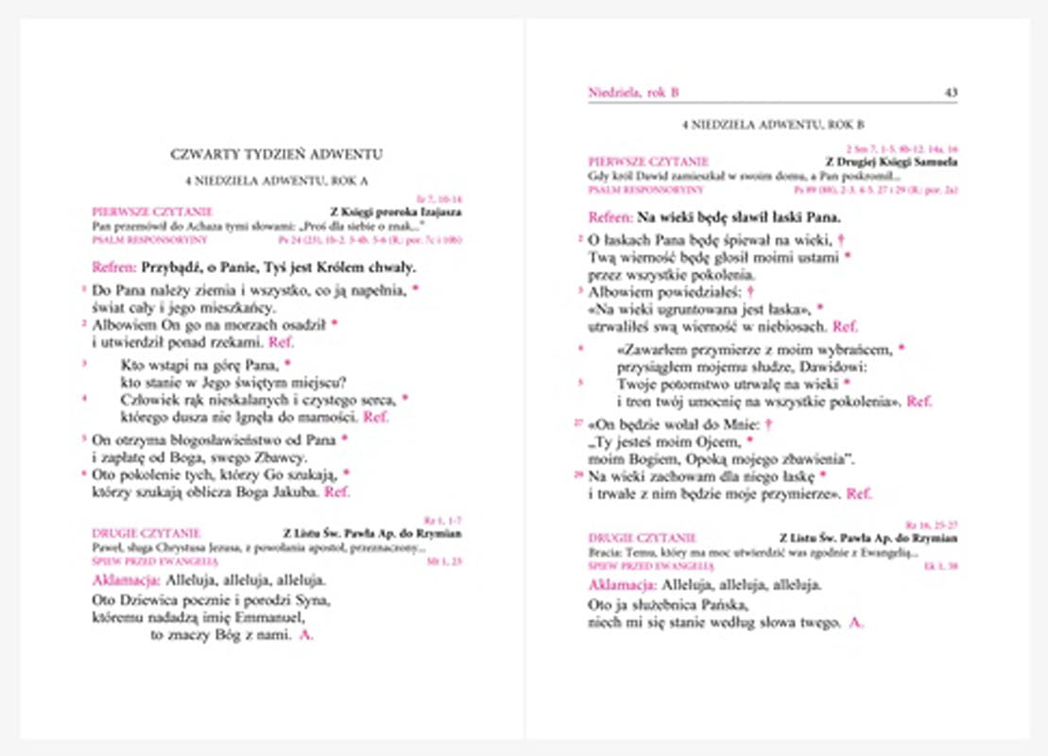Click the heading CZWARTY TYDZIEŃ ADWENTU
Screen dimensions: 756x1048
277,153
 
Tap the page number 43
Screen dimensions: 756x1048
951,92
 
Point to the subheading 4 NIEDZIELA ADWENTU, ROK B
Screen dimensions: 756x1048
773,125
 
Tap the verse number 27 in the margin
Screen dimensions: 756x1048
578,423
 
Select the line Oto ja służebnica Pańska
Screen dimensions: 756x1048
668,605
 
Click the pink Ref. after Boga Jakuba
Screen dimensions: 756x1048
337,491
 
